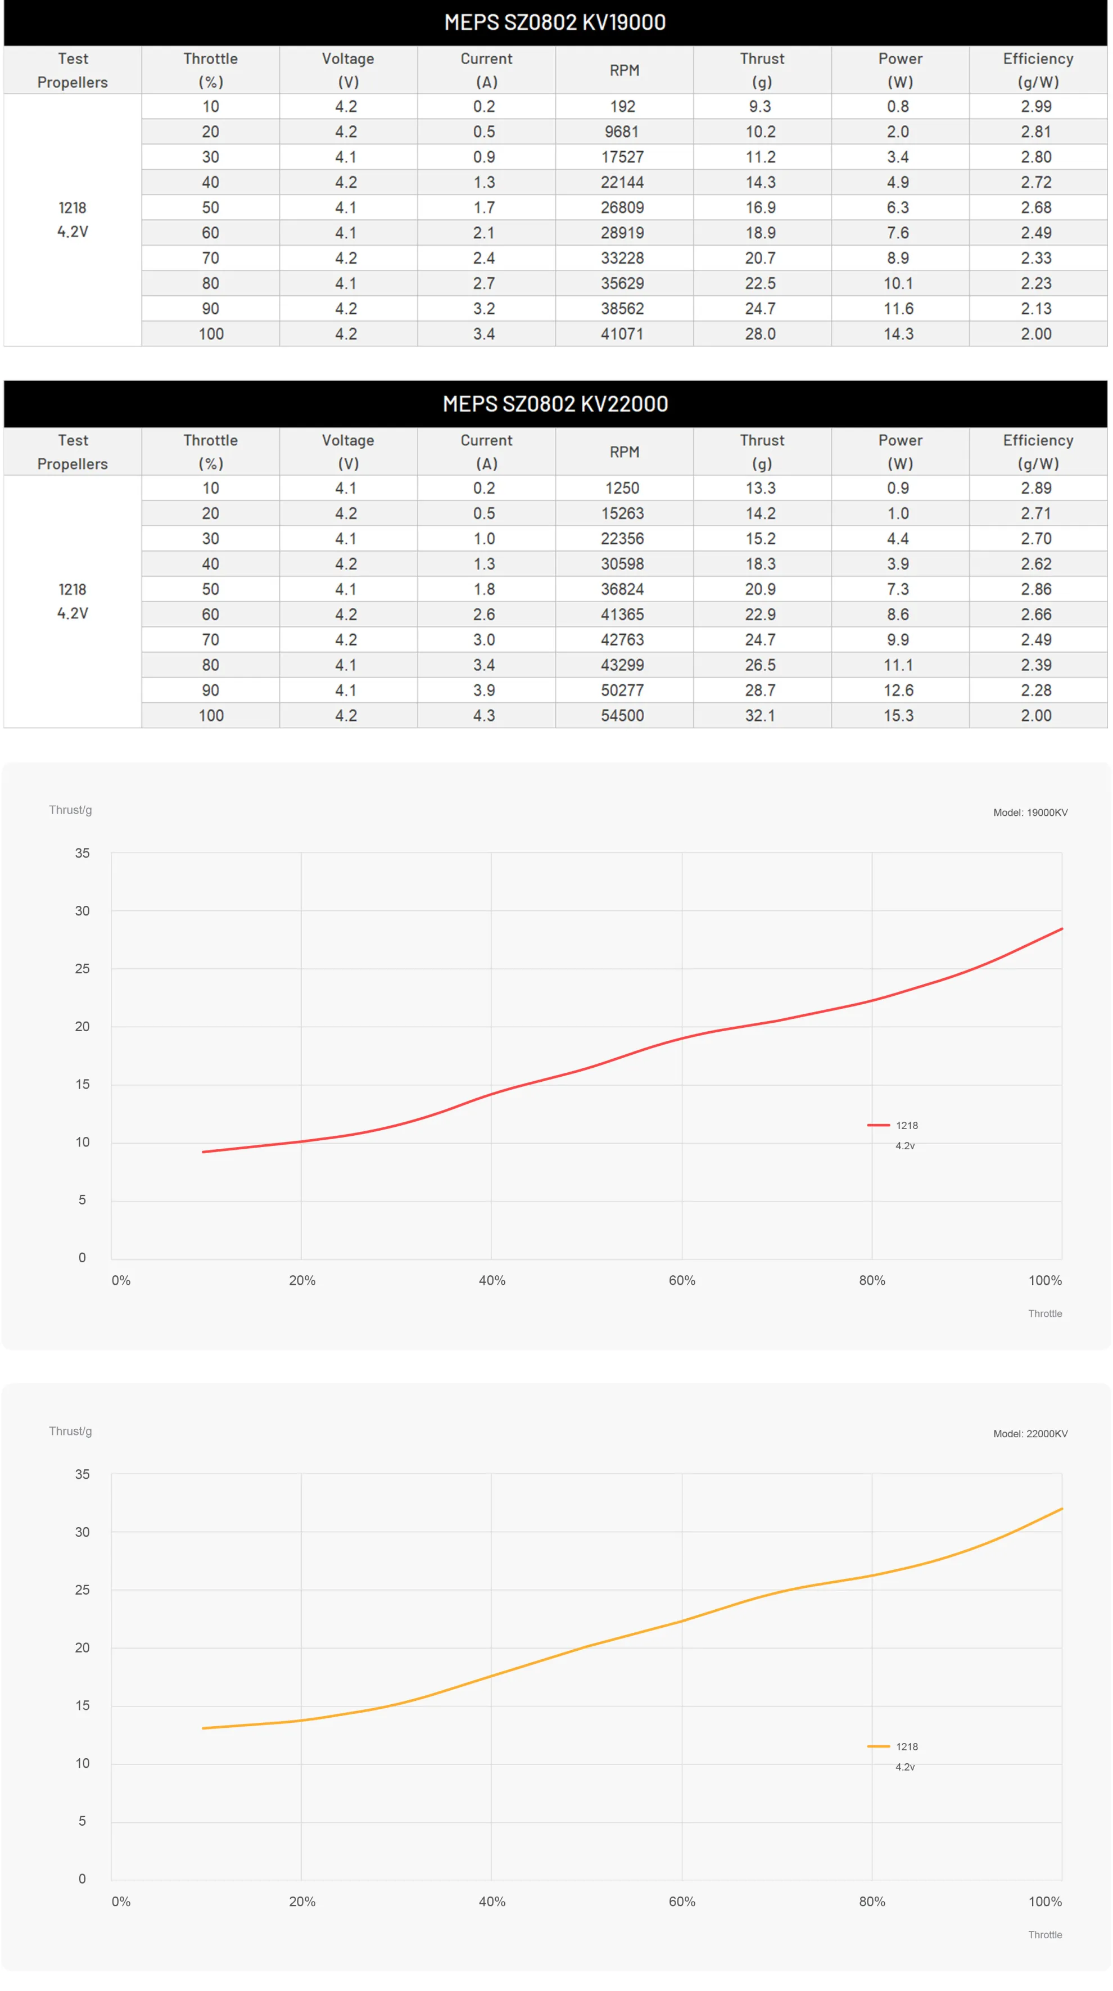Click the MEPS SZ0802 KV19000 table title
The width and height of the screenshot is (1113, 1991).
click(x=555, y=22)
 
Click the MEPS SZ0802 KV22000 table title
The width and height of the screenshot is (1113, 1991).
click(x=555, y=404)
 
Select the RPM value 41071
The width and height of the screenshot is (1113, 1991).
click(x=622, y=334)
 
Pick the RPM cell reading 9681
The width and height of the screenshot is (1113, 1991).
click(x=622, y=132)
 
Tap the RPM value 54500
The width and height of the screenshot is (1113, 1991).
click(x=622, y=716)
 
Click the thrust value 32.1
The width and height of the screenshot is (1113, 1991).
click(x=760, y=716)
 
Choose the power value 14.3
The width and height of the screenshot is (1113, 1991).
click(x=898, y=334)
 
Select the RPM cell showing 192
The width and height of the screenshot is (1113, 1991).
click(x=622, y=107)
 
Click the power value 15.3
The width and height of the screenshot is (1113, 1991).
click(x=898, y=716)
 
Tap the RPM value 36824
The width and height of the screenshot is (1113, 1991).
click(x=622, y=589)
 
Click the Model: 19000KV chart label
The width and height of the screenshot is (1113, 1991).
click(x=1030, y=812)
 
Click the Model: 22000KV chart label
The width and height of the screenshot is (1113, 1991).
click(x=1030, y=1434)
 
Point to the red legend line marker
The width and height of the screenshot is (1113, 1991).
click(x=878, y=1125)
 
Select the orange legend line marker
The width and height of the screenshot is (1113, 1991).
click(x=878, y=1747)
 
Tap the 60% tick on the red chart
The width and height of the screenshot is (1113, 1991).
click(x=682, y=1281)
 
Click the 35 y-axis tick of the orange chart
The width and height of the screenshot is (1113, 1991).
click(x=82, y=1475)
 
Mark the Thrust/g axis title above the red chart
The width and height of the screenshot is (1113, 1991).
click(x=70, y=810)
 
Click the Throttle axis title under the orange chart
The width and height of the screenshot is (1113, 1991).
click(x=1045, y=1935)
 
